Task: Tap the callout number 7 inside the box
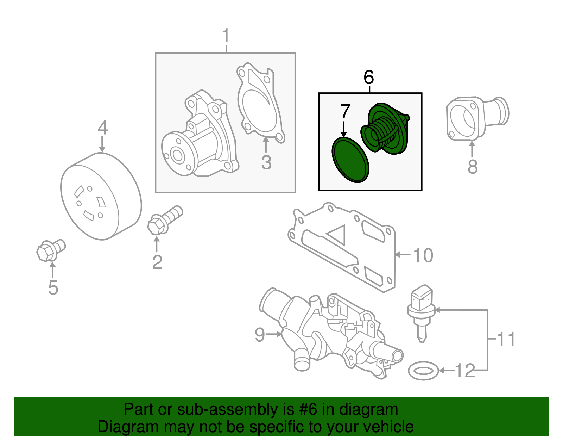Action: coord(345,111)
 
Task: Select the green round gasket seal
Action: coord(350,160)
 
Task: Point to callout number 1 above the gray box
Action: coord(226,36)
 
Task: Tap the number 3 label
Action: coord(266,162)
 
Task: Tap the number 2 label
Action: coord(157,262)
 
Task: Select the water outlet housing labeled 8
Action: coord(475,118)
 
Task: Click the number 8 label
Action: coord(472,167)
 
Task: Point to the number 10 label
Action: coord(423,255)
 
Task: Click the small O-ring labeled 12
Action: coord(423,371)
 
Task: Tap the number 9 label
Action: coord(260,334)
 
